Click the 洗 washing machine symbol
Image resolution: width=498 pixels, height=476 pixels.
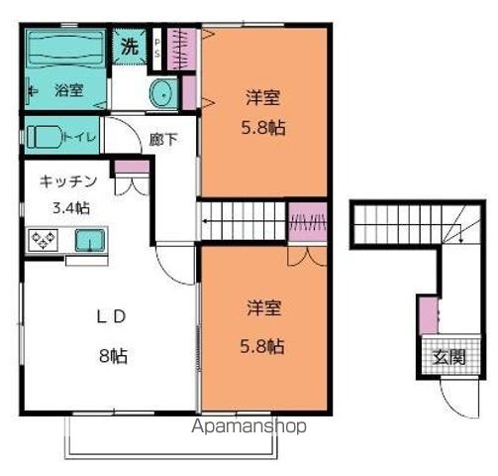pyautogui.click(x=129, y=45)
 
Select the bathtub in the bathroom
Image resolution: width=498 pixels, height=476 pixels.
pyautogui.click(x=63, y=50)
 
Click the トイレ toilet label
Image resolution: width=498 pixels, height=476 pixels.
pyautogui.click(x=79, y=138)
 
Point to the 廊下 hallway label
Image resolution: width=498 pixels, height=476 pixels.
pyautogui.click(x=163, y=139)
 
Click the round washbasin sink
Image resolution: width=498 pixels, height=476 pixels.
pyautogui.click(x=160, y=94)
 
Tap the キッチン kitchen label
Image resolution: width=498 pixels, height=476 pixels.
pyautogui.click(x=68, y=182)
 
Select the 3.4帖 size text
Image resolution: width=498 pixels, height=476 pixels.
pyautogui.click(x=69, y=207)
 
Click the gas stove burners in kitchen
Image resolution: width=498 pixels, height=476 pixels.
pyautogui.click(x=45, y=239)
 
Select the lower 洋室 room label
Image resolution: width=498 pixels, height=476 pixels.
pyautogui.click(x=264, y=308)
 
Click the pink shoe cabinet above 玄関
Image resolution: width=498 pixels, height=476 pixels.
pyautogui.click(x=428, y=315)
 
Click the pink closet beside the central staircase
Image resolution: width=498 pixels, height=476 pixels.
pyautogui.click(x=307, y=220)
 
